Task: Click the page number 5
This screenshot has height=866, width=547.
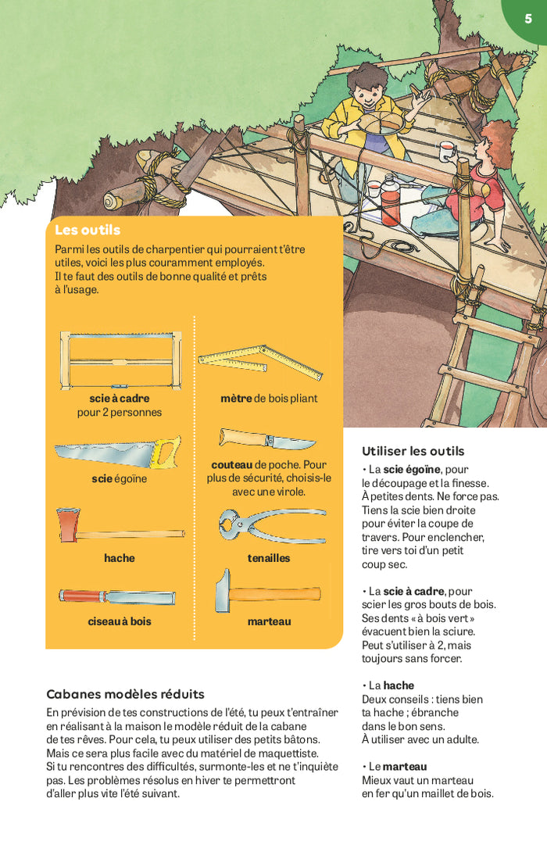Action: [528, 19]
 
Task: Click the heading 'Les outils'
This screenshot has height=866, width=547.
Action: [88, 230]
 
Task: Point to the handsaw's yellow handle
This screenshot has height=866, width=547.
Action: [166, 452]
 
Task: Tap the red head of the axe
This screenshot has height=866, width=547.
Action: [68, 524]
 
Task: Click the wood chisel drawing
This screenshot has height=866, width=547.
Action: [117, 596]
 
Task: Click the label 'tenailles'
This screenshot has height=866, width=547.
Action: [269, 558]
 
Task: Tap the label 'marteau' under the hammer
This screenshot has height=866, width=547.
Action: [269, 621]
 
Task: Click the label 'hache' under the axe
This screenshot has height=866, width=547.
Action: [120, 558]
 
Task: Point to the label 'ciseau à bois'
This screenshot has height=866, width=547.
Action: [120, 621]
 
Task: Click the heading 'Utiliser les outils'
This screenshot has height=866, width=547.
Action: [413, 451]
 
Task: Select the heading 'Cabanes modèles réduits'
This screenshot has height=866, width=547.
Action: [125, 694]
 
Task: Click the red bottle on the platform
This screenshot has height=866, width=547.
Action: [390, 206]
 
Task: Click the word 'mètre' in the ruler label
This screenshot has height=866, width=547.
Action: [236, 399]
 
